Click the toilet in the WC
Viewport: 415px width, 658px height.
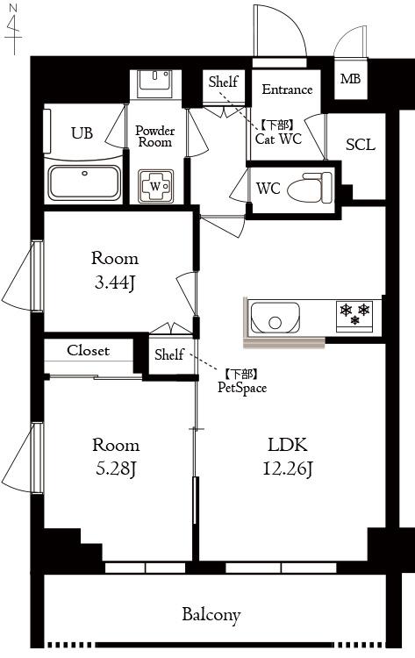310,188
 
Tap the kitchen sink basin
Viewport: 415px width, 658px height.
275,318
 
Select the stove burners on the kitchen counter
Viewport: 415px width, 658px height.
355,315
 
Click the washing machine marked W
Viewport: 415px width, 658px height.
155,186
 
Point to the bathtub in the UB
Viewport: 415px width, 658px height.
84,182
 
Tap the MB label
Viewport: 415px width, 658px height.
350,79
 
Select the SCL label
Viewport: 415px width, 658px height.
361,145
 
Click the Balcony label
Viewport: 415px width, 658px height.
211,615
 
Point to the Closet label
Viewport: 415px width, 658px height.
88,350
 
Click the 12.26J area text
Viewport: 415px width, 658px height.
288,468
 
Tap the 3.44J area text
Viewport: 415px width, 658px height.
115,283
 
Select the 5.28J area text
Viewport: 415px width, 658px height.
116,468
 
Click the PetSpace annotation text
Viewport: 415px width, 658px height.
242,387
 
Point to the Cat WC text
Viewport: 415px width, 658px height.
279,139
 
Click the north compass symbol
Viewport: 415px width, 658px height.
14,29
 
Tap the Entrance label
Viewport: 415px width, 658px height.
287,89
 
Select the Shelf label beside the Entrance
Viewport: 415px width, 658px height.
223,82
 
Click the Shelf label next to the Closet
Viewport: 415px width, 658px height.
169,354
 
